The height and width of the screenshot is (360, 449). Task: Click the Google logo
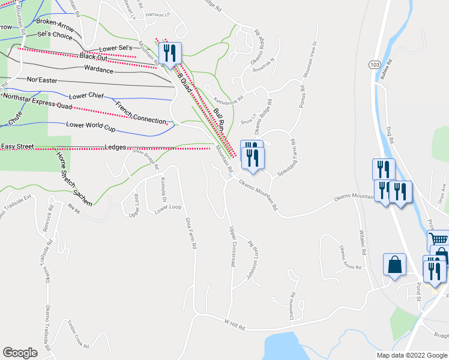point(20,353)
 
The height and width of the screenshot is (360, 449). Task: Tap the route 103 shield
point(375,64)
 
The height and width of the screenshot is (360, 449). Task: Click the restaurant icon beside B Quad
point(170,53)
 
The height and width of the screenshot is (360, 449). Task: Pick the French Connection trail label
point(140,112)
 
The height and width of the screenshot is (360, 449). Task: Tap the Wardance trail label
point(99,70)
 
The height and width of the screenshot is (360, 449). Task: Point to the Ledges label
point(115,146)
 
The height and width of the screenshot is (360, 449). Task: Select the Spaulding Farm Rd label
point(287,157)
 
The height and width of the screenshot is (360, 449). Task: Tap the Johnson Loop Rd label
point(253,263)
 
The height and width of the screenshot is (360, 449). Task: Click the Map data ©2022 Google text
point(412,355)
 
